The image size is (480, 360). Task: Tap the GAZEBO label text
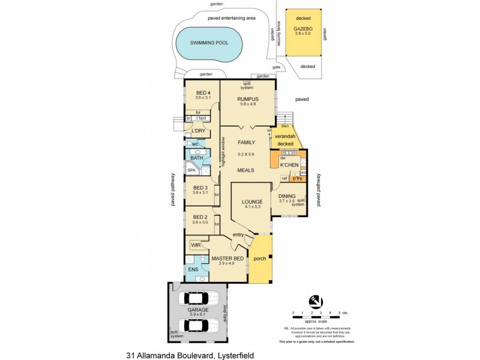pos(303,28)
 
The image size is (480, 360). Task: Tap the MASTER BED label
pos(227,259)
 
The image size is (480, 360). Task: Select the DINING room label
pos(288,196)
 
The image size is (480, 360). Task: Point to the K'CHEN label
pos(290,164)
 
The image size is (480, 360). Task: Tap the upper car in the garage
pos(196,298)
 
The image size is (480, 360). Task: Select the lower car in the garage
pos(196,325)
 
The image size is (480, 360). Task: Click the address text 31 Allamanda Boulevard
pos(190,355)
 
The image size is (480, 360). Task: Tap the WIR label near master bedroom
pos(196,245)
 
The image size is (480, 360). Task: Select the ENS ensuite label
pos(193,269)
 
